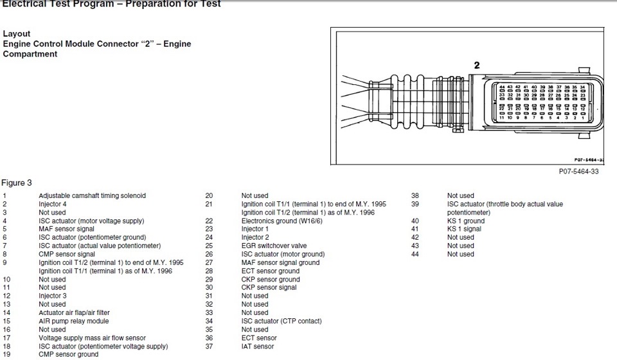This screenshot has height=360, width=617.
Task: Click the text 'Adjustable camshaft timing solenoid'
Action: pyautogui.click(x=92, y=195)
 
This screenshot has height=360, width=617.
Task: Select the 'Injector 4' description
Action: pyautogui.click(x=53, y=204)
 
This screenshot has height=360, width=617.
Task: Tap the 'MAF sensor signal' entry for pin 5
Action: pyautogui.click(x=67, y=229)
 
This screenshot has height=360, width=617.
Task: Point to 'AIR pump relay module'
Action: pyautogui.click(x=74, y=321)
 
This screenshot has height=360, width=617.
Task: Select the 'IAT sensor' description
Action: pyautogui.click(x=258, y=346)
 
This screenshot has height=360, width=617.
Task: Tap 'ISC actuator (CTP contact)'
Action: pyautogui.click(x=282, y=321)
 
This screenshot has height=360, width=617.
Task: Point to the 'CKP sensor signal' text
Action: pyautogui.click(x=269, y=287)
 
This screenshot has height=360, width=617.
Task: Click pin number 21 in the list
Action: pyautogui.click(x=209, y=204)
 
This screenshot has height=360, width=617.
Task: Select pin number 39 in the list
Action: pyautogui.click(x=415, y=204)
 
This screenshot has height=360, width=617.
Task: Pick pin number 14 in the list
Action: pyautogui.click(x=6, y=312)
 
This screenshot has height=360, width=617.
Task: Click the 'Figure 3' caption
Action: pyautogui.click(x=17, y=183)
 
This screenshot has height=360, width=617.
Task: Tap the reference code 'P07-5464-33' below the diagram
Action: pyautogui.click(x=579, y=172)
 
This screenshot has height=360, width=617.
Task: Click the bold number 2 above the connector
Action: pyautogui.click(x=476, y=65)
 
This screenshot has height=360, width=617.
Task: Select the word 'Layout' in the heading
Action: pyautogui.click(x=17, y=33)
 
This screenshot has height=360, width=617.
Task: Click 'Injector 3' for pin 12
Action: pyautogui.click(x=53, y=296)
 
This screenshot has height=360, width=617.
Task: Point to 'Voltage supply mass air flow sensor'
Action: pyautogui.click(x=92, y=337)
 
